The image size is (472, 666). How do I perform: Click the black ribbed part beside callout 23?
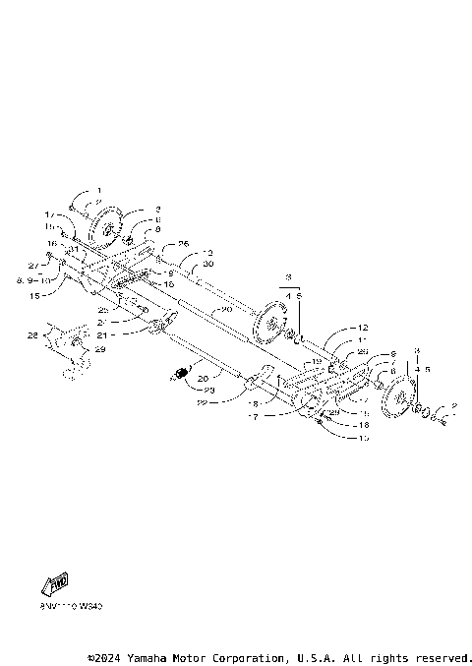[x=182, y=372]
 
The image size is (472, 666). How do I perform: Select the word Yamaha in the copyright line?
[x=149, y=656]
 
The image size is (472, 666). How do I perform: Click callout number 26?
[x=183, y=242]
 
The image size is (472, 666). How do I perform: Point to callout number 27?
[x=32, y=266]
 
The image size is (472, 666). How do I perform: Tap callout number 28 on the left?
[x=33, y=335]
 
